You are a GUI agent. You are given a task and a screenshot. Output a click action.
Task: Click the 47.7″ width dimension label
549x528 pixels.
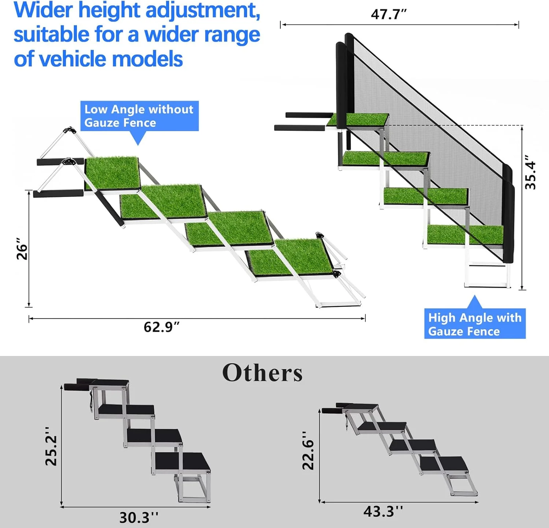point(388,14)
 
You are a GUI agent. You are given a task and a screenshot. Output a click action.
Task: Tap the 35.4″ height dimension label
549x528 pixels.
point(530,172)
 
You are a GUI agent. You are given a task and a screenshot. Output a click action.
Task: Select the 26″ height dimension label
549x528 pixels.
point(22,249)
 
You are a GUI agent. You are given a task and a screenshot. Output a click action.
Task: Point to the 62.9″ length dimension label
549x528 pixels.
point(161,327)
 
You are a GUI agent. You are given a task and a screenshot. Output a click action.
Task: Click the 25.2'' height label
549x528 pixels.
point(51,446)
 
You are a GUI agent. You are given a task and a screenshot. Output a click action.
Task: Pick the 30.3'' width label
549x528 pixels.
point(139,517)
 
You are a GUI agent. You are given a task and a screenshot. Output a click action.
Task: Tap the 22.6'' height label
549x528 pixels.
point(308,450)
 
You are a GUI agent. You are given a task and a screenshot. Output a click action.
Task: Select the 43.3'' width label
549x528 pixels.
point(383,511)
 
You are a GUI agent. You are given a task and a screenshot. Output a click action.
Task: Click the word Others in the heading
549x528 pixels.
point(262,373)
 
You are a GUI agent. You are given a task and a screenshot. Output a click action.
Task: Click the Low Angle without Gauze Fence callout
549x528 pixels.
point(139,116)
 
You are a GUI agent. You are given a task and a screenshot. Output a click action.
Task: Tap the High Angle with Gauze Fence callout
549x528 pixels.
point(475,324)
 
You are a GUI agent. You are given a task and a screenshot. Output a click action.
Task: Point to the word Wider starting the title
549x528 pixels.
point(43,10)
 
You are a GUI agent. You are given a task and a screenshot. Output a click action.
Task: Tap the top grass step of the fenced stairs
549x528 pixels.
point(361,119)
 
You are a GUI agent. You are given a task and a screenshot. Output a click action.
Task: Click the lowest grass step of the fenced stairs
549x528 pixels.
point(465,234)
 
